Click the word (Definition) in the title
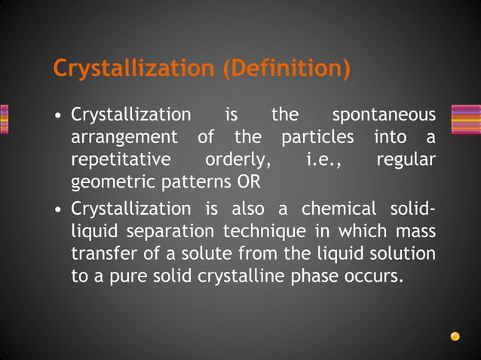tap(286, 69)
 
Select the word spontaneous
tap(384, 115)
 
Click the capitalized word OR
tap(248, 182)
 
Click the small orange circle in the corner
tap(455, 336)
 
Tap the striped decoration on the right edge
tap(465, 119)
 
